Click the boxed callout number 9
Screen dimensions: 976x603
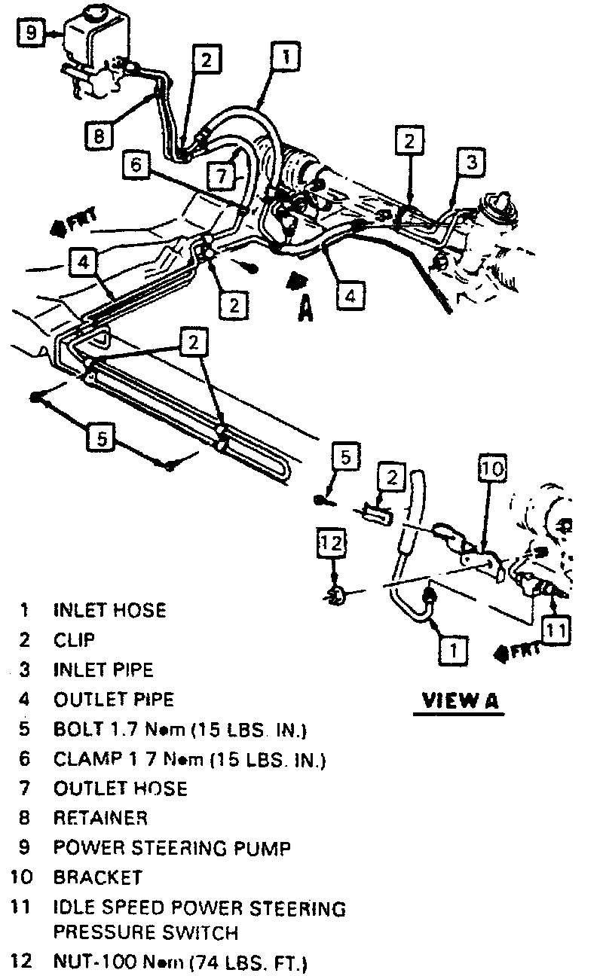click(x=30, y=32)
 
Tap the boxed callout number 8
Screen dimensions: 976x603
click(x=99, y=136)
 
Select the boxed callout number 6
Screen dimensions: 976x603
click(x=136, y=164)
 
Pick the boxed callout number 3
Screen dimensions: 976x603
click(x=470, y=162)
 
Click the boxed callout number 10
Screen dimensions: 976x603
click(x=491, y=469)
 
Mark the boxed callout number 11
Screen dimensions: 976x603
click(x=556, y=630)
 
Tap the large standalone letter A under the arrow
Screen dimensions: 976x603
click(x=305, y=308)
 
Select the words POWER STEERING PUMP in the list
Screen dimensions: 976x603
click(x=172, y=848)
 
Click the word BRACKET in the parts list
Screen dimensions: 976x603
click(x=97, y=877)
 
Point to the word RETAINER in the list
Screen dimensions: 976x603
click(x=100, y=818)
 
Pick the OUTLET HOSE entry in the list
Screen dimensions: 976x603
click(x=121, y=788)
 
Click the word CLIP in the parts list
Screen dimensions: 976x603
click(x=74, y=640)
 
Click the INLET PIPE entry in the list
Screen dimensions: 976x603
click(x=103, y=669)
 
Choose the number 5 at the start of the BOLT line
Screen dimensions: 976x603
click(x=25, y=729)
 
